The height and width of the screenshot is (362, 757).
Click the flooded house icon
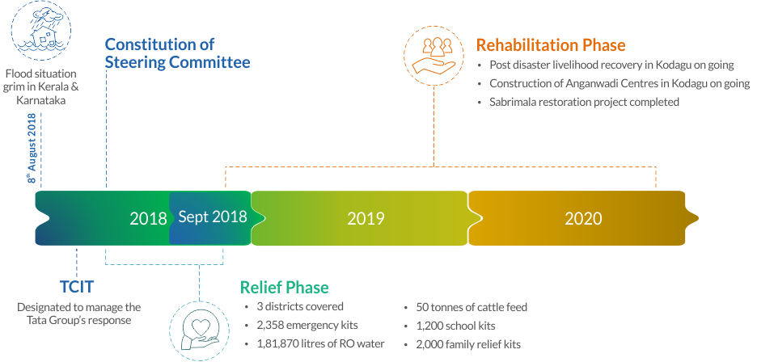pyautogui.click(x=41, y=32)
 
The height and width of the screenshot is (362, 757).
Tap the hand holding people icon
pyautogui.click(x=434, y=56)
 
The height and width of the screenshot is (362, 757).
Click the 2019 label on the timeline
pyautogui.click(x=366, y=219)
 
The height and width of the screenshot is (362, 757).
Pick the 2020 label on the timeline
pyautogui.click(x=583, y=219)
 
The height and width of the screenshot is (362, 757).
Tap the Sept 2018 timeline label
pyautogui.click(x=213, y=217)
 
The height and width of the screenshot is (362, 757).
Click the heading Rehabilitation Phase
pyautogui.click(x=551, y=45)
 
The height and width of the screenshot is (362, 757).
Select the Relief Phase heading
pyautogui.click(x=285, y=287)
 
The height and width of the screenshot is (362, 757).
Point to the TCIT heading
pyautogui.click(x=76, y=287)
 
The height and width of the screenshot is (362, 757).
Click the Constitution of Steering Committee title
pyautogui.click(x=177, y=53)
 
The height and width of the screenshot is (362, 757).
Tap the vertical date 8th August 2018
pyautogui.click(x=32, y=148)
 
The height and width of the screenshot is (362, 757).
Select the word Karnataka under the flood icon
pyautogui.click(x=41, y=100)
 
